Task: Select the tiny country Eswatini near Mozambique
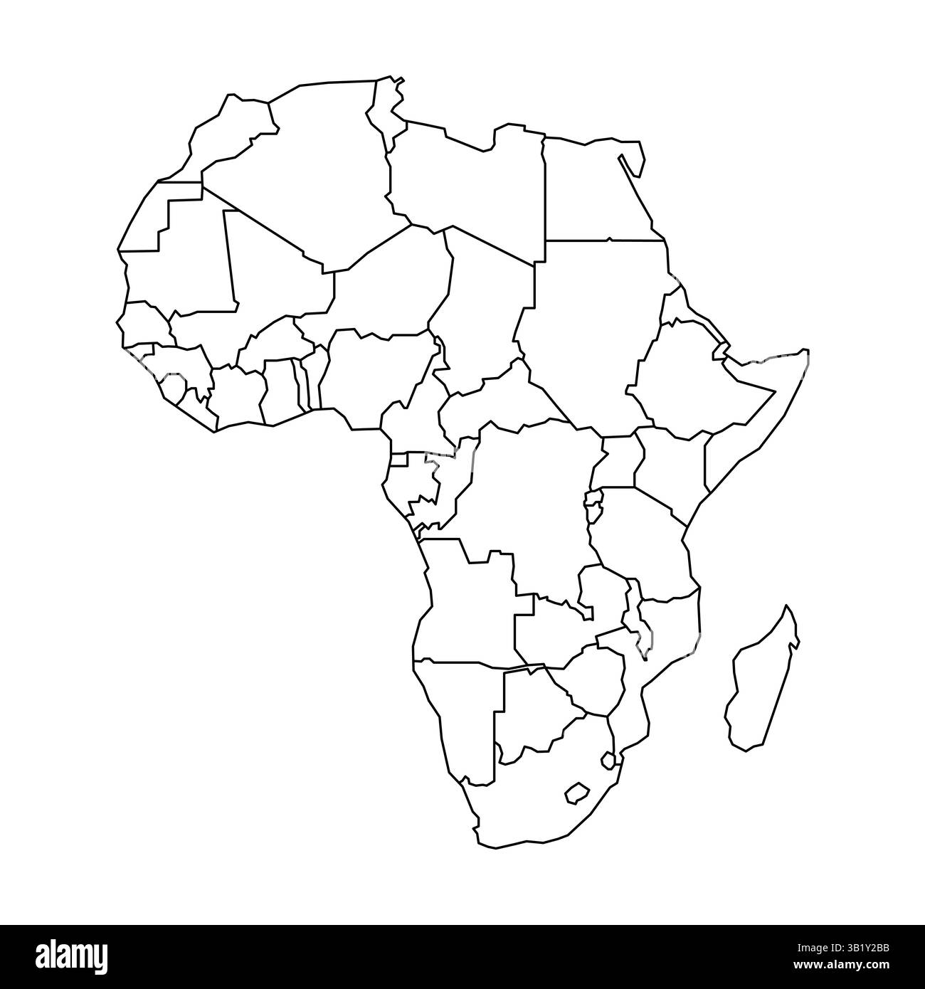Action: pos(608,761)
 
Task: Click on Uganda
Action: pos(618,462)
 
